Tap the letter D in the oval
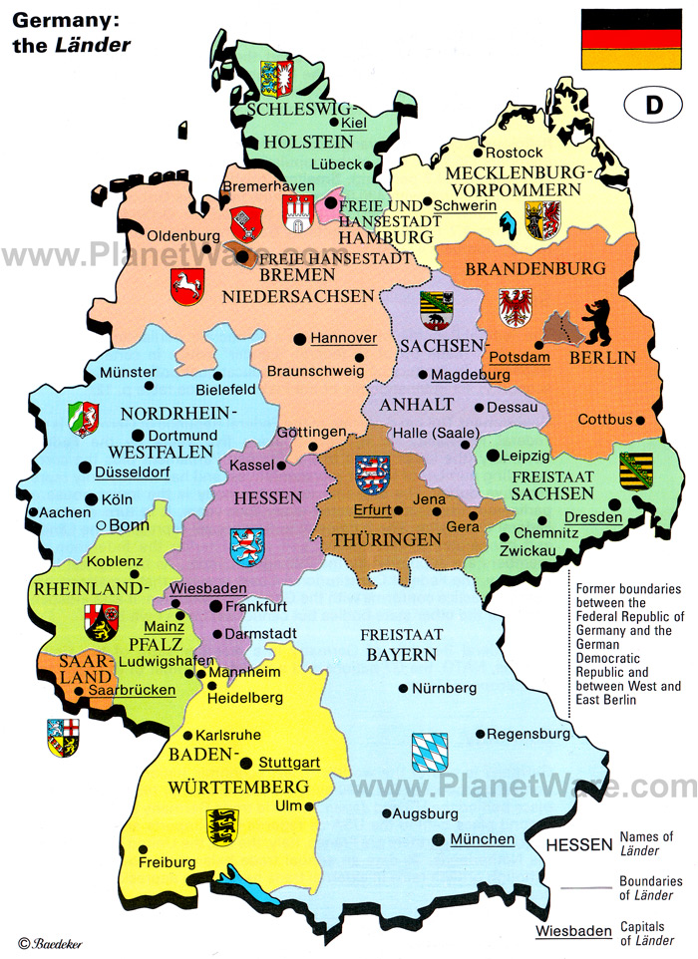point(654,106)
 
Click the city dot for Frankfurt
point(214,605)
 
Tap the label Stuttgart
point(289,764)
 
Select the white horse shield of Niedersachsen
point(186,285)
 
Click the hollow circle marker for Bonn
point(100,525)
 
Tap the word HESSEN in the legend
point(578,845)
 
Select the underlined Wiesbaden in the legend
point(573,931)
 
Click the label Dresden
point(592,517)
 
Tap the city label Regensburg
point(528,734)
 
